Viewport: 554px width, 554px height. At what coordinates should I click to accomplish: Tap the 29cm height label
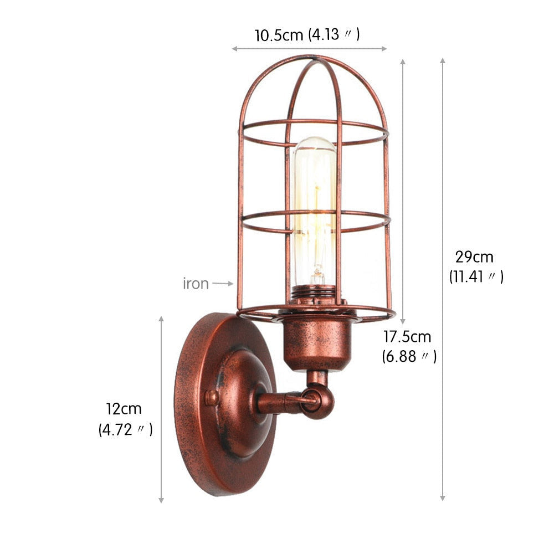474,257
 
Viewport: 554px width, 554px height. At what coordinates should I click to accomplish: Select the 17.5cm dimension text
407,336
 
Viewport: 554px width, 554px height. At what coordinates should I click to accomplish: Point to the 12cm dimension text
124,409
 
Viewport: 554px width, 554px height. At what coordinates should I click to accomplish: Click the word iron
196,284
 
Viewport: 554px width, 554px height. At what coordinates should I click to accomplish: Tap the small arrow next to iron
223,284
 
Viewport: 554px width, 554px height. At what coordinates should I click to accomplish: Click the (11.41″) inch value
476,276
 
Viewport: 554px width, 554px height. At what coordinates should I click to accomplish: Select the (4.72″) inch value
125,429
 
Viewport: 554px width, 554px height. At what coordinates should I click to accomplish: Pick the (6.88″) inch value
409,356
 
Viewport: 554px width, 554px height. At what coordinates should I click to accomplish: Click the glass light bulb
315,211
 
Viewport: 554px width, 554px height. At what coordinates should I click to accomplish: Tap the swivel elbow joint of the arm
318,400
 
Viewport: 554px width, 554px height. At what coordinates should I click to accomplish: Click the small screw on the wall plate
211,397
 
